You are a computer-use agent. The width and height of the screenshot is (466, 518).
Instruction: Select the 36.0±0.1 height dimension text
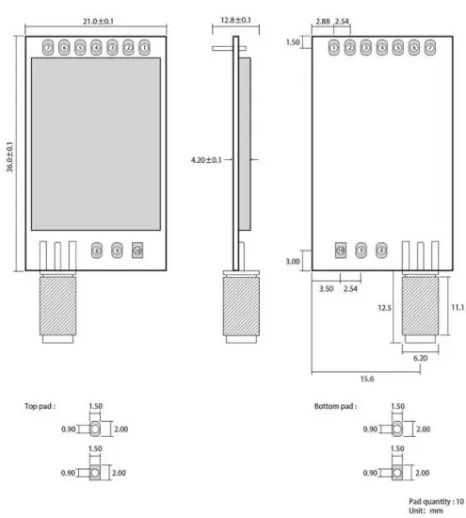(x=10, y=155)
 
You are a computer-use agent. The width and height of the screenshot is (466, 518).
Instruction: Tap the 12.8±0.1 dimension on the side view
(x=233, y=19)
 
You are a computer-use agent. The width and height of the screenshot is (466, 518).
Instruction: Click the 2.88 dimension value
(x=323, y=20)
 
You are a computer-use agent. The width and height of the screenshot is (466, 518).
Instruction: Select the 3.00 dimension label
(x=292, y=261)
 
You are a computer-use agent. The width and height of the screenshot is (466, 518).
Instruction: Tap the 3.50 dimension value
(x=327, y=287)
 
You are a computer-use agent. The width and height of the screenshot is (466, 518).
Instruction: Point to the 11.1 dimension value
(x=457, y=307)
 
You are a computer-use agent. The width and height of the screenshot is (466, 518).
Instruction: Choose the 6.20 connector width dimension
(x=421, y=358)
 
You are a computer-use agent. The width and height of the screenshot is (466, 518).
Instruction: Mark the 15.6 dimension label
(x=365, y=378)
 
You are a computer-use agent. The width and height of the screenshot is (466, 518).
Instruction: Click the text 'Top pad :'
(x=40, y=407)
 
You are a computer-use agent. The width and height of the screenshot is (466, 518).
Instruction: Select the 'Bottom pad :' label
(x=335, y=407)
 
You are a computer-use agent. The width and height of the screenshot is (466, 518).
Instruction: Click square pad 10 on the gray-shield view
(x=137, y=251)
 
